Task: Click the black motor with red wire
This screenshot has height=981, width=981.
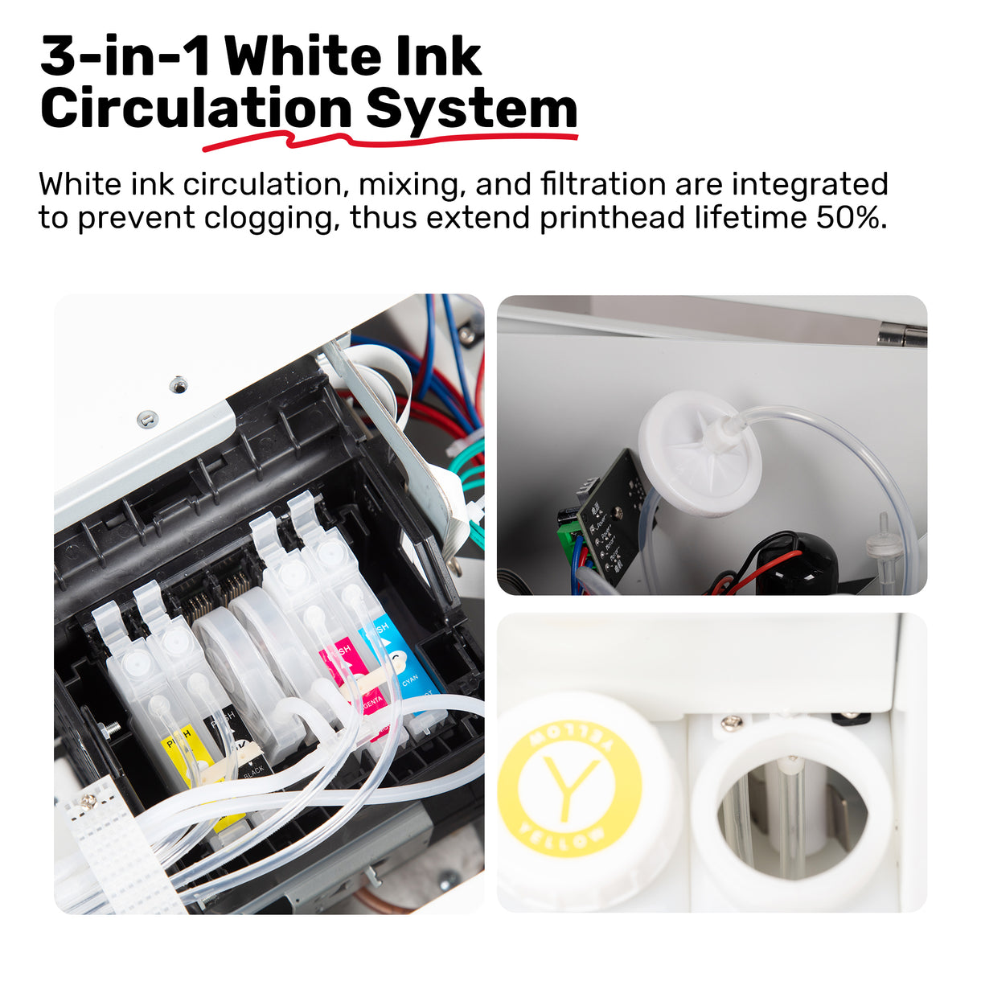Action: [796, 563]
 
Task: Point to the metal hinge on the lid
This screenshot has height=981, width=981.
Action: [901, 335]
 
